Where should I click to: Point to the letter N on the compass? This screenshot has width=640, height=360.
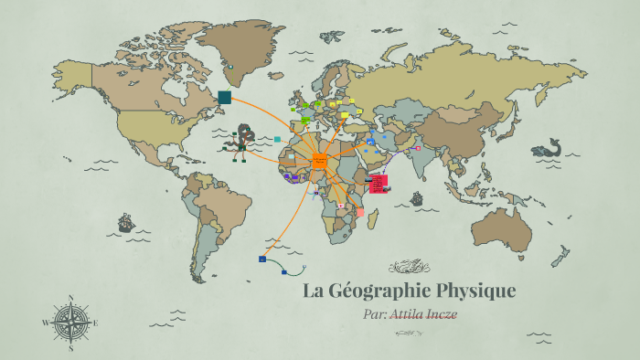coord(71,298)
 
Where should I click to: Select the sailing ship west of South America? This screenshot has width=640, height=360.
coord(125,222)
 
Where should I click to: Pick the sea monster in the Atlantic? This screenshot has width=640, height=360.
coord(242,141)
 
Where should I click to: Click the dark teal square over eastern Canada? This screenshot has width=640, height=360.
coord(225,97)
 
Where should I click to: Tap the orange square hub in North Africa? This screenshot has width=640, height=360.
coord(319,163)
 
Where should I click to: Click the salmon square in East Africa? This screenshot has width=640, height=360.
coord(360,212)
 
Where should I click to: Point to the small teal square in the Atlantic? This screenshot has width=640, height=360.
coord(277,140)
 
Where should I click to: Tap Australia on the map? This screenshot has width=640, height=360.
coord(504,228)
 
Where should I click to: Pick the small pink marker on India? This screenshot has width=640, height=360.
coord(417,148)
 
